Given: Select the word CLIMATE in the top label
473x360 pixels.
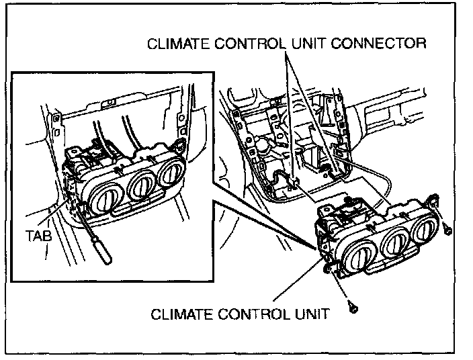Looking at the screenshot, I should click(176, 44).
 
